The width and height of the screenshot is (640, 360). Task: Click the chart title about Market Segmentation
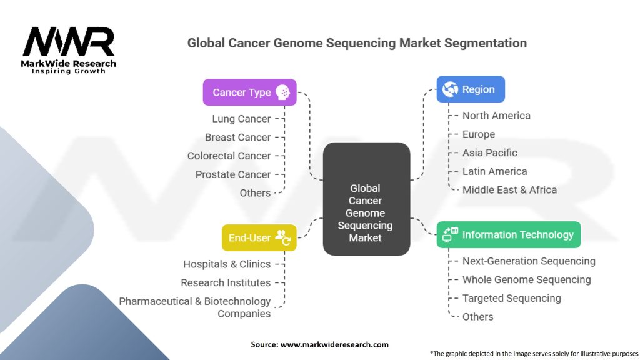[357, 43]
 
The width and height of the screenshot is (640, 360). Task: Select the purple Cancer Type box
[249, 92]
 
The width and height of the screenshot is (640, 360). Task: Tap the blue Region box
[470, 89]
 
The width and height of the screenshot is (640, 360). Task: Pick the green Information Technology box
[508, 235]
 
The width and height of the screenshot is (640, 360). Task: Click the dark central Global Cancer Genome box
[366, 199]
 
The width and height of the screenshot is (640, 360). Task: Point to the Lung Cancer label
[241, 119]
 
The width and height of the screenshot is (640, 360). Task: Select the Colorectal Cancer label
[229, 156]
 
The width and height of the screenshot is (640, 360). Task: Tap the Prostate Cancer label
[233, 174]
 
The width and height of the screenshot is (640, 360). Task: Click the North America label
[496, 116]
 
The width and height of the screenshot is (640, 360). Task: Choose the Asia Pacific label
[490, 152]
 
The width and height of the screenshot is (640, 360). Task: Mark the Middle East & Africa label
[509, 190]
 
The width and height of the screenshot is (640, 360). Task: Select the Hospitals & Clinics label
[227, 264]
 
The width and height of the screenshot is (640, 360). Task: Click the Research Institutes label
[226, 283]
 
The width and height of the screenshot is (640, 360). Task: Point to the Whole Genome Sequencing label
[526, 280]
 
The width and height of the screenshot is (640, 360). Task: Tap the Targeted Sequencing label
[511, 298]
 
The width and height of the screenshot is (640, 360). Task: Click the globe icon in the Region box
[450, 89]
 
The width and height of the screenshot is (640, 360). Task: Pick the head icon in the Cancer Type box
[282, 92]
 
